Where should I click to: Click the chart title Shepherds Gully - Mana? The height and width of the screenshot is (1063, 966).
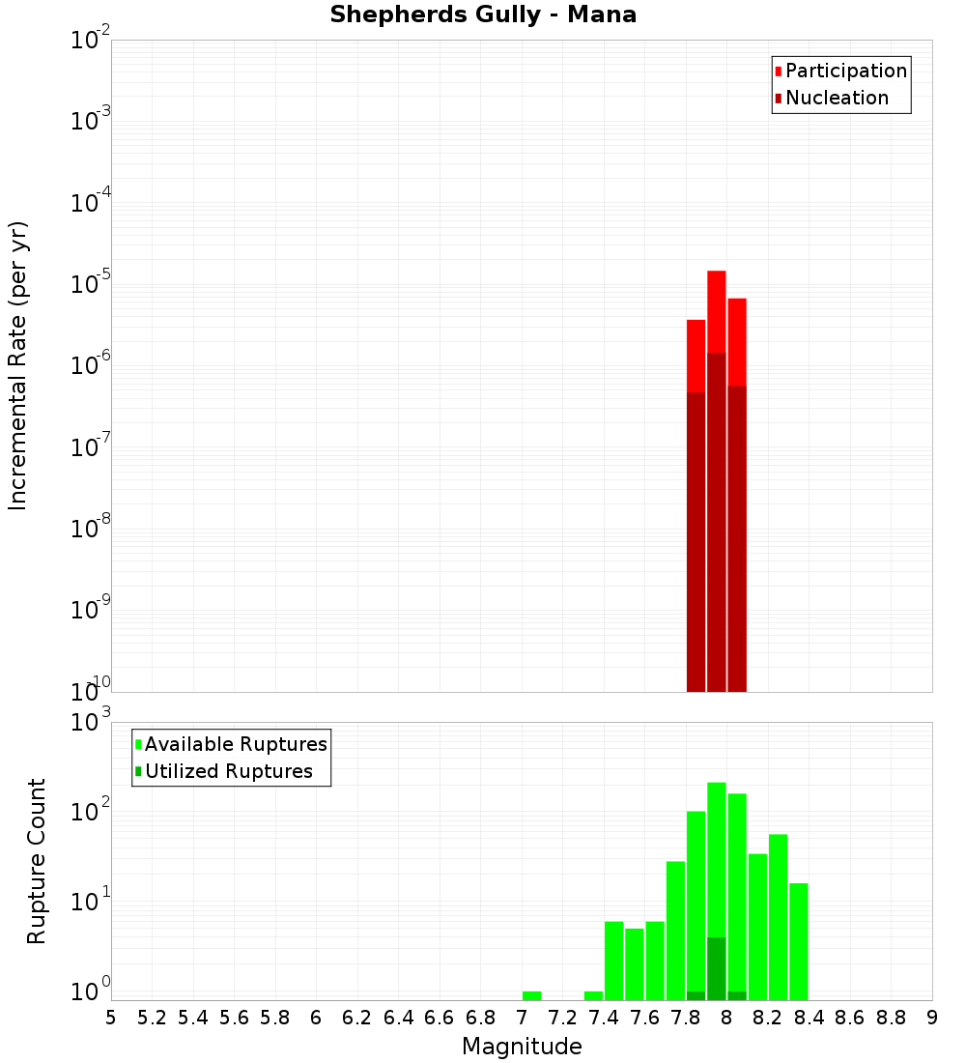(x=483, y=15)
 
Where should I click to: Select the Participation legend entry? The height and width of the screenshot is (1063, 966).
(x=846, y=71)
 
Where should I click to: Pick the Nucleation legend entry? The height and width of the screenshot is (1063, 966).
(x=837, y=98)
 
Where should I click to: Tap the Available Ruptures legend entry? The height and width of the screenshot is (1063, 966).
(x=236, y=744)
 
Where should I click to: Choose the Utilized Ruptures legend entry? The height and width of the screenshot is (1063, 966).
(x=228, y=771)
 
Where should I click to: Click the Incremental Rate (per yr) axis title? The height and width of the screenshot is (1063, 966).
(x=18, y=366)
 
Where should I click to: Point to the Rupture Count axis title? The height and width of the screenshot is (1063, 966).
(x=37, y=861)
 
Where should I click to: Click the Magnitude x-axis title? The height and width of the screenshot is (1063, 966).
(x=522, y=1047)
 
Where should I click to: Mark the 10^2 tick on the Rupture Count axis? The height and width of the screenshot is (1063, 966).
(x=91, y=810)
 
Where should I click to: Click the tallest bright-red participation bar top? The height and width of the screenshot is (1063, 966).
(x=716, y=273)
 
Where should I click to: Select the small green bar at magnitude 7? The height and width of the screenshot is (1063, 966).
(x=531, y=995)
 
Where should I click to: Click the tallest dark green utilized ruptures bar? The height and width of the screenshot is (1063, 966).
(x=716, y=966)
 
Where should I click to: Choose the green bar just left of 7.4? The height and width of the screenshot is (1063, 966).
(x=593, y=995)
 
